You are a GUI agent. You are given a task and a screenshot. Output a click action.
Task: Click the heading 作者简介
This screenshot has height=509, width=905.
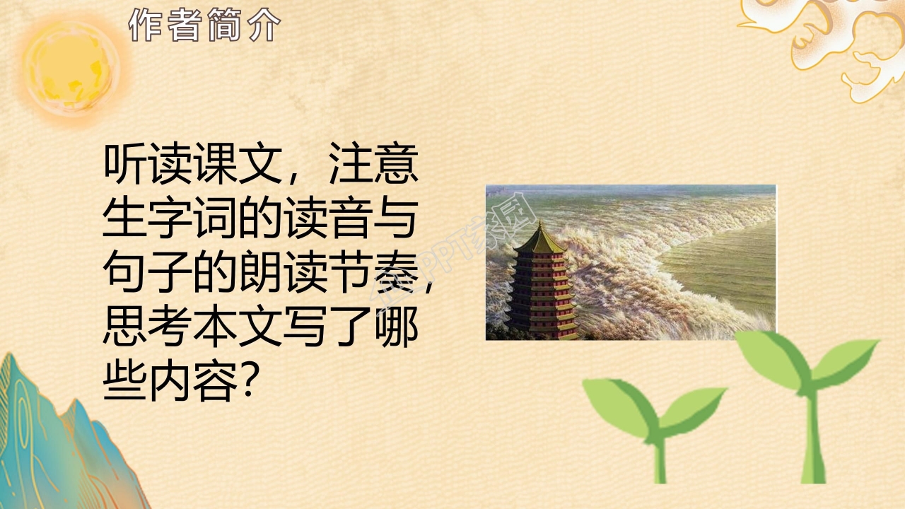(x=205, y=26)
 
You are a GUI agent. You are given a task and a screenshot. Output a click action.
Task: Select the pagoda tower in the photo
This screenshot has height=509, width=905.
(x=541, y=283)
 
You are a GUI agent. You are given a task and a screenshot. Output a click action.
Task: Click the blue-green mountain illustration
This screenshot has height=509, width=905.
(x=57, y=438)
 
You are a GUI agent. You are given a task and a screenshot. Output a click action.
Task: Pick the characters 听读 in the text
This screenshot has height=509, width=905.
(x=141, y=167)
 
